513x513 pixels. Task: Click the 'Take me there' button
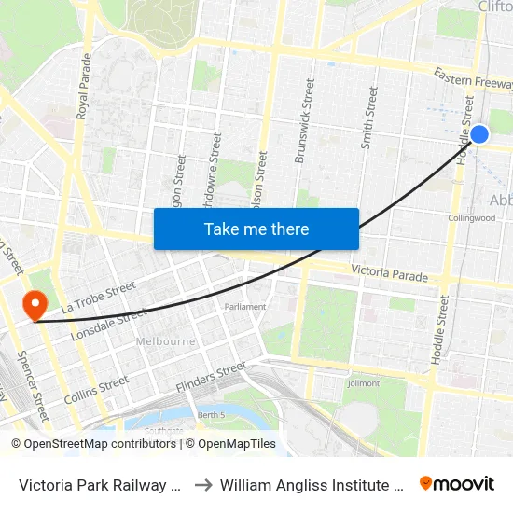[x=256, y=229]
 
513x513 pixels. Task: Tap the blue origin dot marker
[x=479, y=134]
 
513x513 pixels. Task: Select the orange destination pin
[x=35, y=304]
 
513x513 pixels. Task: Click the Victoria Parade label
[x=389, y=275]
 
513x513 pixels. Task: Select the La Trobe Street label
[x=98, y=296]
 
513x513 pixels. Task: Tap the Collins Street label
[x=96, y=390]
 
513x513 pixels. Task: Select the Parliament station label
[x=245, y=306]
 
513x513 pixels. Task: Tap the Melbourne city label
[x=166, y=341]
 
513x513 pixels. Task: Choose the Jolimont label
[x=363, y=383]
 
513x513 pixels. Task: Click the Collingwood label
[x=470, y=218]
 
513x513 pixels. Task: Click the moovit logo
[x=457, y=484]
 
